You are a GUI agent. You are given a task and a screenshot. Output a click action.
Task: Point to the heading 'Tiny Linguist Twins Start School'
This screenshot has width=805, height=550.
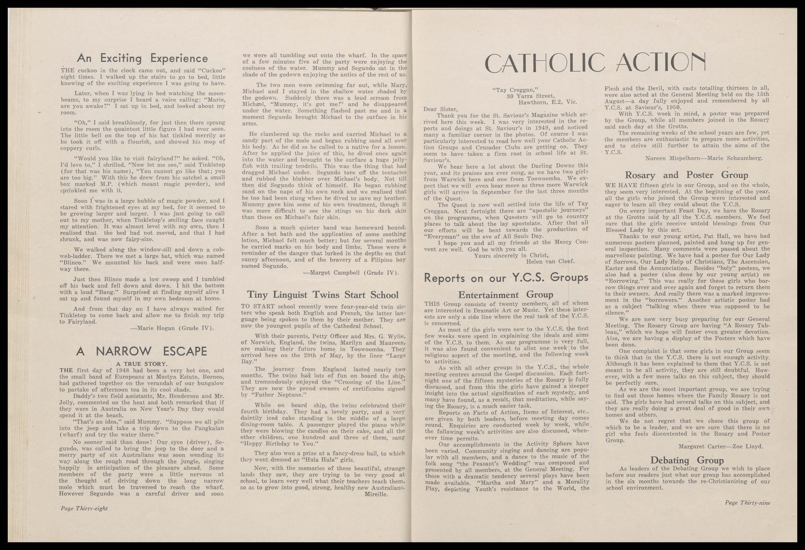(323, 295)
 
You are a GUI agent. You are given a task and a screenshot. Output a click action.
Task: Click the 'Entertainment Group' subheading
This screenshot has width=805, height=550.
(506, 295)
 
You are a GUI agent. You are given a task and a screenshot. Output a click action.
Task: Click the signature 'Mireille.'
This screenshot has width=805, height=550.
(377, 494)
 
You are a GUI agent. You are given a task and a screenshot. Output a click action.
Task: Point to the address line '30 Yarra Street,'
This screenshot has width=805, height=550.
(531, 96)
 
